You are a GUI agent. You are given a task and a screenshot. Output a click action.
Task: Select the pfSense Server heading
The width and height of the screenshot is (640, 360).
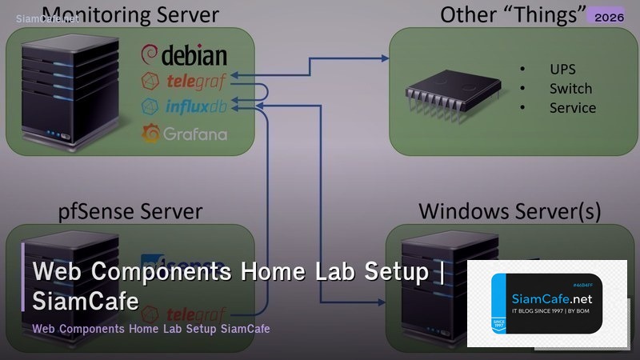(x=130, y=211)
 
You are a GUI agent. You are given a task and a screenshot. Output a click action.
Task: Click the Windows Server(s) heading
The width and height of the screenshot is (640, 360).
(x=510, y=211)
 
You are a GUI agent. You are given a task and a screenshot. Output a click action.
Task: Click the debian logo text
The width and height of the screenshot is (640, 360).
(x=185, y=55)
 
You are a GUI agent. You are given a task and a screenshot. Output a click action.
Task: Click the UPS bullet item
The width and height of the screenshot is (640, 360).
(x=562, y=69)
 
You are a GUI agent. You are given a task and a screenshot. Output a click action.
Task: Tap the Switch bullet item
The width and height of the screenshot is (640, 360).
(x=570, y=88)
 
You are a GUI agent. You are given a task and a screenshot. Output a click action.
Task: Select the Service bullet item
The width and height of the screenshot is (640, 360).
(x=572, y=107)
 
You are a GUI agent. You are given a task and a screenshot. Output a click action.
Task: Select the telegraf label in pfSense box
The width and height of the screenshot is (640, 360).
(x=196, y=313)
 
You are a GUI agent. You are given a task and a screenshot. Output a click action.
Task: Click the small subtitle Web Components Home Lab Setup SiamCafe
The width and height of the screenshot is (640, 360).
(x=151, y=329)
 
